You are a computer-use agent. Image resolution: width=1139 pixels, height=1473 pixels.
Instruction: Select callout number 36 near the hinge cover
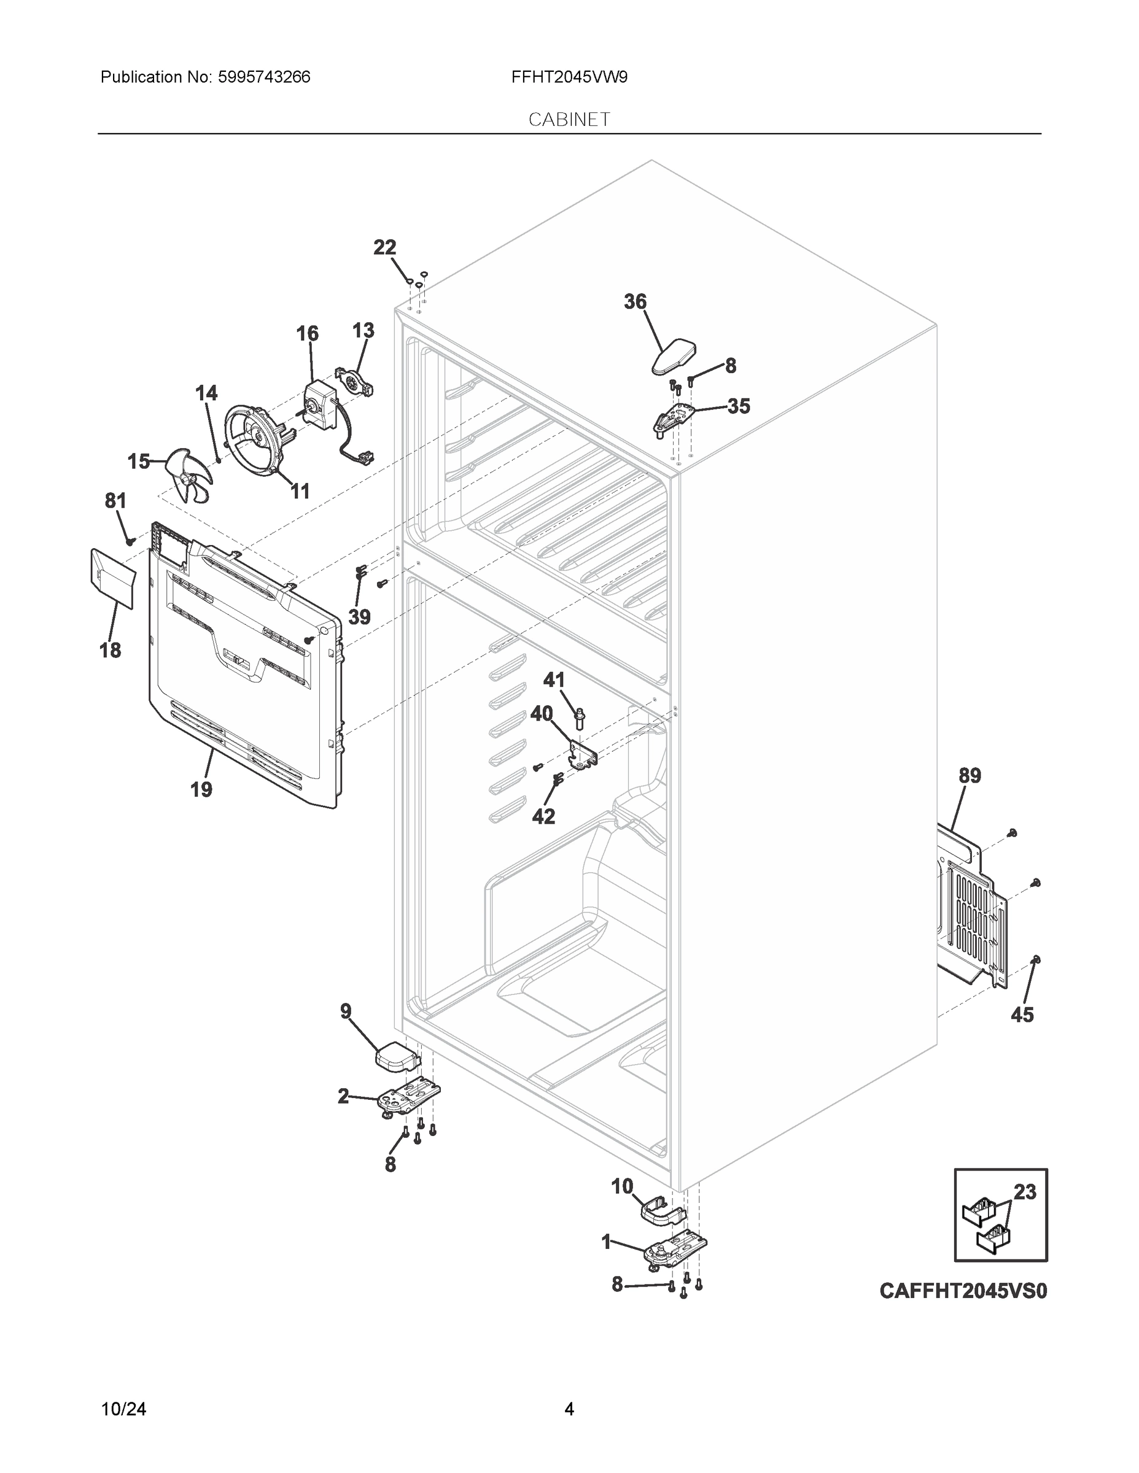pos(635,301)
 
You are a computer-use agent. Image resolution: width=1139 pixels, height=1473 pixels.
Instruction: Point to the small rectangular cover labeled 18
pos(112,578)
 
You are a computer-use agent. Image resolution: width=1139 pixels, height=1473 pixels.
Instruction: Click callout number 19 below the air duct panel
pos(201,789)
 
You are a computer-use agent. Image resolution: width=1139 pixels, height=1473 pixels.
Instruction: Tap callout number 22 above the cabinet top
pos(384,247)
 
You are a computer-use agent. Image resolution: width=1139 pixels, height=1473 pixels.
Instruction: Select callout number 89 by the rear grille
pos(970,776)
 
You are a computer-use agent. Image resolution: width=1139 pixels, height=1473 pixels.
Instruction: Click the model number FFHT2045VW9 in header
pos(569,77)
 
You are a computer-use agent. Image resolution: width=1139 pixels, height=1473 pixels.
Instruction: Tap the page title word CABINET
pos(569,120)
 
